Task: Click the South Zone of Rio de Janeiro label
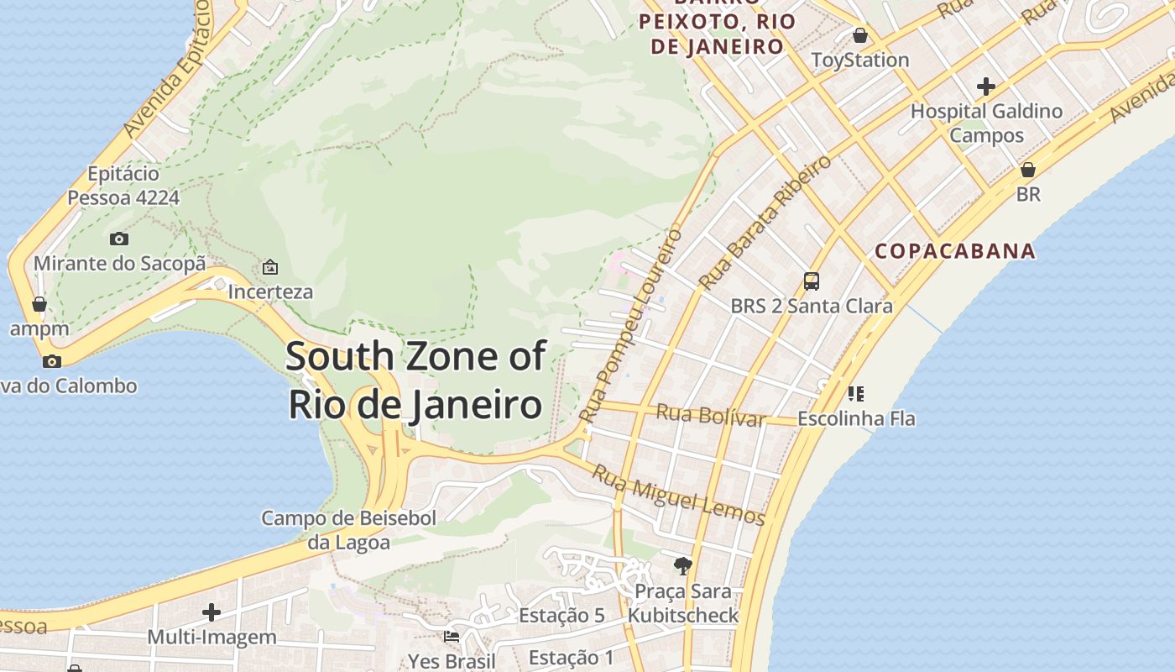pos(415,380)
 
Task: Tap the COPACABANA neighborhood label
pos(955,251)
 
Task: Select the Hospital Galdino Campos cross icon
pos(986,87)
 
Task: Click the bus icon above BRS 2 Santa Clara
pos(811,281)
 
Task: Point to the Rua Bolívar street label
pos(710,415)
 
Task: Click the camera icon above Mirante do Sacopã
pos(119,239)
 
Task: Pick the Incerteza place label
pos(270,292)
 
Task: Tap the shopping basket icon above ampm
pos(39,304)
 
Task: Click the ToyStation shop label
pos(860,60)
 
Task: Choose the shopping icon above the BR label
pos(1028,170)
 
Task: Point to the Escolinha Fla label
pos(856,418)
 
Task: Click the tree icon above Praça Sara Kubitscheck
pos(683,565)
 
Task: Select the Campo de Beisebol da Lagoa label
pos(348,530)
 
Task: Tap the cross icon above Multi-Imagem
pos(211,612)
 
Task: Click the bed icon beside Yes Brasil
pos(452,636)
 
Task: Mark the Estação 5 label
pos(561,616)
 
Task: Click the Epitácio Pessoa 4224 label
pos(123,186)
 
